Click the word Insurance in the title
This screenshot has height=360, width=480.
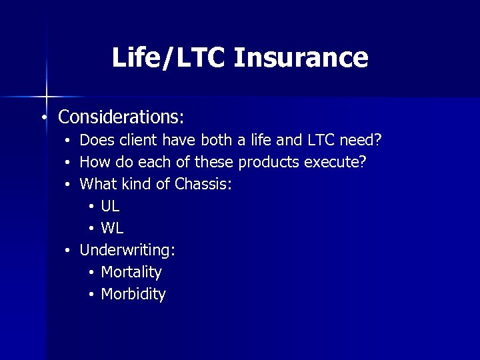[301, 57]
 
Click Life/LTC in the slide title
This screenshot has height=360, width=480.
[170, 57]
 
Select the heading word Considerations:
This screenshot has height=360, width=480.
[121, 117]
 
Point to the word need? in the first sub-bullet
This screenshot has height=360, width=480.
[361, 140]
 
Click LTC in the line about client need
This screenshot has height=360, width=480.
[321, 140]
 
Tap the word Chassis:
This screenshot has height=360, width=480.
[203, 184]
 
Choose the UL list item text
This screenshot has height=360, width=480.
[110, 206]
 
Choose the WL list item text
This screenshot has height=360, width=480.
[112, 228]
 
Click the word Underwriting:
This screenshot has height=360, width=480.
[127, 250]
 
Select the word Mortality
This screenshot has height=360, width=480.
[131, 272]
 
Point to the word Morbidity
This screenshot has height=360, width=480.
[133, 294]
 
